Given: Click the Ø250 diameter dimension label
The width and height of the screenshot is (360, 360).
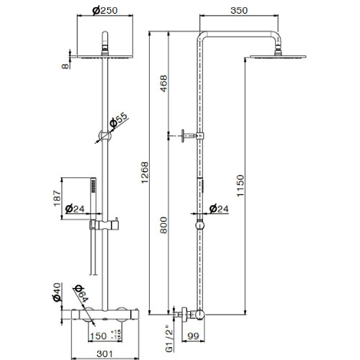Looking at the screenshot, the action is tap(105, 11).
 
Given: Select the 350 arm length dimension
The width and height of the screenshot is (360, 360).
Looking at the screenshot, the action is tap(239, 11).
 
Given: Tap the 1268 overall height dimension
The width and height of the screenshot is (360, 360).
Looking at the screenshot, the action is tap(145, 173).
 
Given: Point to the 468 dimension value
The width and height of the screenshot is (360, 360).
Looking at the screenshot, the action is tap(163, 84).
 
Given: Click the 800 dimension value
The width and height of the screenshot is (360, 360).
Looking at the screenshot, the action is tap(163, 225).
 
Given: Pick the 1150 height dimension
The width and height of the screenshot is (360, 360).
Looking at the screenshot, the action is tap(240, 186).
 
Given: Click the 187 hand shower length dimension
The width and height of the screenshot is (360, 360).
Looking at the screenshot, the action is tap(57, 198).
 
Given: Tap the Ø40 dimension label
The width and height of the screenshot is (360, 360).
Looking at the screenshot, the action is tap(57, 292).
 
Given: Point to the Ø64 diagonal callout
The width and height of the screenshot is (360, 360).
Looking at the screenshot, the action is tap(81, 294).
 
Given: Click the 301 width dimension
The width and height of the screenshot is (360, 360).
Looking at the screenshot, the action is tap(104, 354).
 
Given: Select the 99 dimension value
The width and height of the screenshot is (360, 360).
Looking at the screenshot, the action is tap(193, 336).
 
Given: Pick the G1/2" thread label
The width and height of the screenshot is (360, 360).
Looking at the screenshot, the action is tap(169, 338).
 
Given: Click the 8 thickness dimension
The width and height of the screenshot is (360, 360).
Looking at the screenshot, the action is tap(66, 66).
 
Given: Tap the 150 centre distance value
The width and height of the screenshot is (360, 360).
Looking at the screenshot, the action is tap(98, 336).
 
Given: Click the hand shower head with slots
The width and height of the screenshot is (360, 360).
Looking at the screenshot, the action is tap(93, 186).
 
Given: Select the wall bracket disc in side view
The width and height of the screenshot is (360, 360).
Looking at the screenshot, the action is tap(183, 136).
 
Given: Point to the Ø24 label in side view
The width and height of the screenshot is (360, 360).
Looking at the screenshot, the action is tap(219, 209).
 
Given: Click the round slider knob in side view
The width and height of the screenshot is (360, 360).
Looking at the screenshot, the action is tap(200, 225).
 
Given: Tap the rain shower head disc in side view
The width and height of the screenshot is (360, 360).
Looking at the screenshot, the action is tap(278, 57).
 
